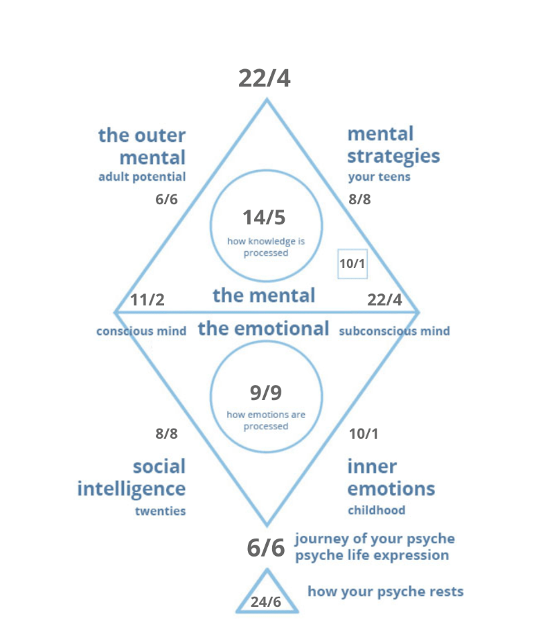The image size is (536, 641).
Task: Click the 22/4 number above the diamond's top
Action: [x=265, y=78]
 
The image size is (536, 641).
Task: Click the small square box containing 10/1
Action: [x=352, y=263]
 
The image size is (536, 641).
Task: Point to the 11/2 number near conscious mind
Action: [x=147, y=299]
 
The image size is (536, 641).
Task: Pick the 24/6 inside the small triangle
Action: [x=266, y=601]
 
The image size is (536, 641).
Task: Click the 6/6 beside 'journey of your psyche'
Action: [x=266, y=548]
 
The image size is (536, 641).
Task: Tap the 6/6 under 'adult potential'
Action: [x=166, y=200]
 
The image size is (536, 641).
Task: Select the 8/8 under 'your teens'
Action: [x=360, y=200]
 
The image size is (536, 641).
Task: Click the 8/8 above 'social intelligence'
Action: [x=166, y=433]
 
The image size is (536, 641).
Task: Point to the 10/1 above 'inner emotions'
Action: [x=363, y=433]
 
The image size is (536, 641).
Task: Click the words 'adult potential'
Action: [x=141, y=177]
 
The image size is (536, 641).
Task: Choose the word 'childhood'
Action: [x=376, y=510]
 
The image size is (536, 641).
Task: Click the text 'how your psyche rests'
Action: [x=385, y=591]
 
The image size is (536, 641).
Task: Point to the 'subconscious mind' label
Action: [x=394, y=331]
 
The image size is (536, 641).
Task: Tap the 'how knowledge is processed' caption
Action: [x=266, y=247]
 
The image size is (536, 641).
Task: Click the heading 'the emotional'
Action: [x=263, y=329]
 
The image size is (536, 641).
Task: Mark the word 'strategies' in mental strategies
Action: [x=393, y=157]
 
